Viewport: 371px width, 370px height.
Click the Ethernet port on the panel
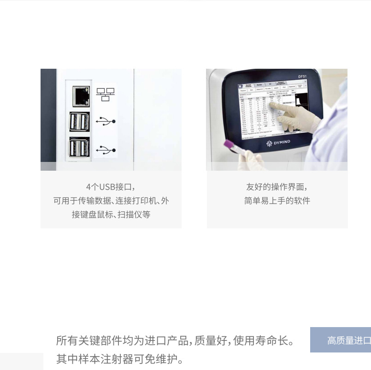click(x=81, y=95)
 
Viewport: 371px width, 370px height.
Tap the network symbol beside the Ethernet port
click(x=106, y=95)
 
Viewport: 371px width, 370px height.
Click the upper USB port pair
click(x=79, y=122)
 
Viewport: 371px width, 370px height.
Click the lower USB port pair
click(x=79, y=148)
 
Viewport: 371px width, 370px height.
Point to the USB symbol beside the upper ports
click(x=106, y=121)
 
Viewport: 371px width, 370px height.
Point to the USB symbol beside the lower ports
click(x=106, y=150)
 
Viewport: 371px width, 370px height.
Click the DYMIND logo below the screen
click(x=279, y=143)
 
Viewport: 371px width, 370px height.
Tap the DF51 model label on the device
click(x=303, y=77)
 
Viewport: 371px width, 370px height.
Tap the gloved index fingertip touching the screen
click(x=271, y=105)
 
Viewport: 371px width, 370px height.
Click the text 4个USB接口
click(x=111, y=187)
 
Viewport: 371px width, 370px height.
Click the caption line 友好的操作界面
click(x=277, y=187)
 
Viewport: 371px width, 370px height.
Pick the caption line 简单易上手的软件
click(x=277, y=201)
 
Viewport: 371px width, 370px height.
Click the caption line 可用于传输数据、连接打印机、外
click(x=111, y=201)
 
